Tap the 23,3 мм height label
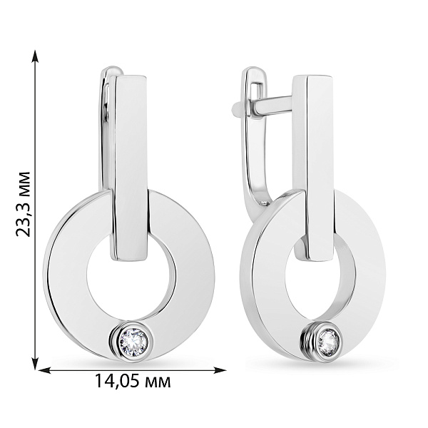coord(23,204)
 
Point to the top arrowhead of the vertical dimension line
coord(34,57)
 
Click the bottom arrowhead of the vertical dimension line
coord(34,363)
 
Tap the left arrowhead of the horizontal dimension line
coord(46,370)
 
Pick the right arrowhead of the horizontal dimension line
coord(219,370)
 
